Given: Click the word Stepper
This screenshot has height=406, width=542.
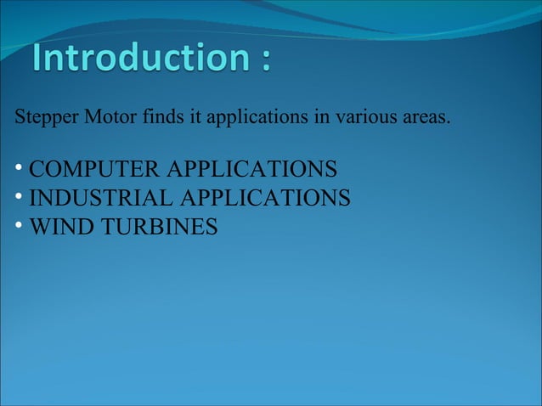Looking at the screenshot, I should point(45,117).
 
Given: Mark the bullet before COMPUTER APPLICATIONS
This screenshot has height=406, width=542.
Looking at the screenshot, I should point(19,169).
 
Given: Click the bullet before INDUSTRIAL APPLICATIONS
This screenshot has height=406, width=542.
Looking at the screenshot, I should point(19,198).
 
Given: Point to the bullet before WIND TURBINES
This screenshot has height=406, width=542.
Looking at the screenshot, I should point(19,227).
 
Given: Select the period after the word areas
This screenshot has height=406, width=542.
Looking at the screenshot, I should point(448,121).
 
